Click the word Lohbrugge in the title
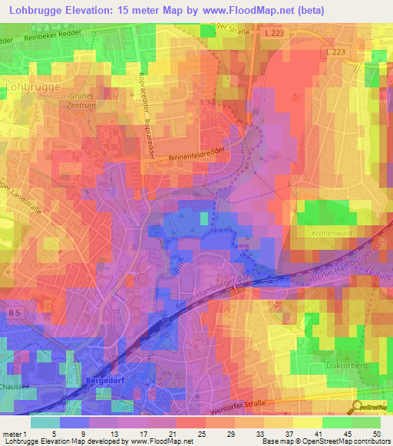pos(36,11)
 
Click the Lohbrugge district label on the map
pos(33,87)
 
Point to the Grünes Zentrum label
pos(82,102)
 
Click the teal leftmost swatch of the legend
pos(45,421)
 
